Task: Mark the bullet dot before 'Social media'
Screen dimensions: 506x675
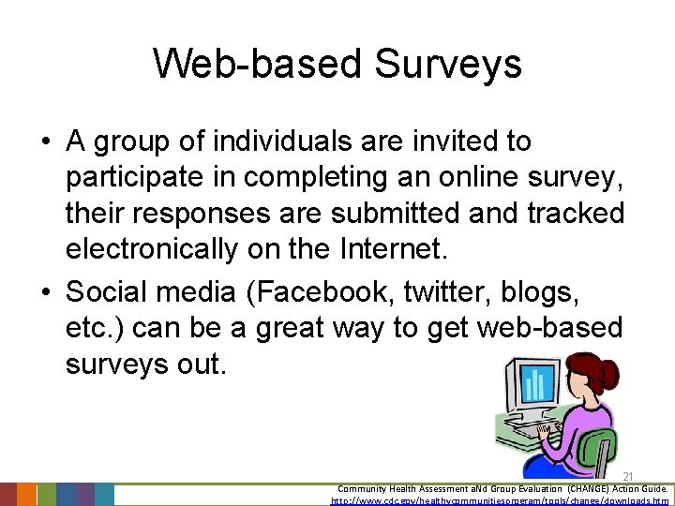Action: point(46,293)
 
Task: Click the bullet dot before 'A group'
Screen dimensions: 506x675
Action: point(46,142)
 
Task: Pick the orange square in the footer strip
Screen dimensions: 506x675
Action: point(26,495)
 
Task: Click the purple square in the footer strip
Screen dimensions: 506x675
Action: point(84,495)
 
